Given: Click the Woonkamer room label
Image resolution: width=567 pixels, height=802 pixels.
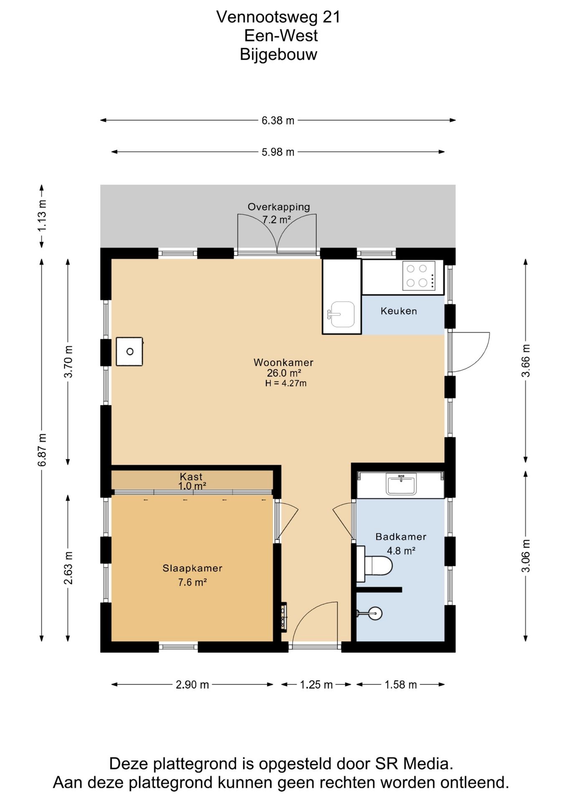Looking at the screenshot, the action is coord(283,362).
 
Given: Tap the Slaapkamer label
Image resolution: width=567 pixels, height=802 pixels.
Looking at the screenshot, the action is coord(192,568).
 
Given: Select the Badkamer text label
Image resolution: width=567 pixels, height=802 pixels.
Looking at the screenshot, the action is coord(401,537).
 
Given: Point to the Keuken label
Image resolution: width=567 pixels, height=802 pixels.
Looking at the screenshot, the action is coord(399,311).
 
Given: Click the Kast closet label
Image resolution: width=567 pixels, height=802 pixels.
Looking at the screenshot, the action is coord(191,476).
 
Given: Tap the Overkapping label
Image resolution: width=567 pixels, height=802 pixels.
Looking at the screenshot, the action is coord(279,207).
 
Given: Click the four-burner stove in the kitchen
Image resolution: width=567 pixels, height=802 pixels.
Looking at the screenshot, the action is coord(419,276).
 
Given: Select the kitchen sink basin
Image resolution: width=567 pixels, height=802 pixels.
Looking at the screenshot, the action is coord(342,314).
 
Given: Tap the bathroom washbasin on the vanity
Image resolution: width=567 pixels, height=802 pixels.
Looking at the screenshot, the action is coord(401,484).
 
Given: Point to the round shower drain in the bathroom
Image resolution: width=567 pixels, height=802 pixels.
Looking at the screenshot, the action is coord(375,613).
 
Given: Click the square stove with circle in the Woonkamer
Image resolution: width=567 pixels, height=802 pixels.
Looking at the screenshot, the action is coord(129,352).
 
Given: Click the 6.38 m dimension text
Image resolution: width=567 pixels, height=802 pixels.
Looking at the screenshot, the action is coord(278,121).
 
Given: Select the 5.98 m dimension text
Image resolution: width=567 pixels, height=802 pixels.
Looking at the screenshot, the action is coord(278,152).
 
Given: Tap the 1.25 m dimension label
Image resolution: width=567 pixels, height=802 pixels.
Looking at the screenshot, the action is coord(316,685).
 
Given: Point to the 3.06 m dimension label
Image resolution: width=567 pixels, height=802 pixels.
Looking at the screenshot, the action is coord(526,556).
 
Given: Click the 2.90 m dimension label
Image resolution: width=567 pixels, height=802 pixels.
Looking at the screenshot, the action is coord(192,685).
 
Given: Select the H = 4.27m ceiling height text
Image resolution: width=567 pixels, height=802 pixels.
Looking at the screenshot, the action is coord(286,383).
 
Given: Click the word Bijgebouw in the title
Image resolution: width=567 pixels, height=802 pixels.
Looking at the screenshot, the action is coord(278,55).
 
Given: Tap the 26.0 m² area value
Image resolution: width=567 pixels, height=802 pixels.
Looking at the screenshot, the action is coord(284,373).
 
